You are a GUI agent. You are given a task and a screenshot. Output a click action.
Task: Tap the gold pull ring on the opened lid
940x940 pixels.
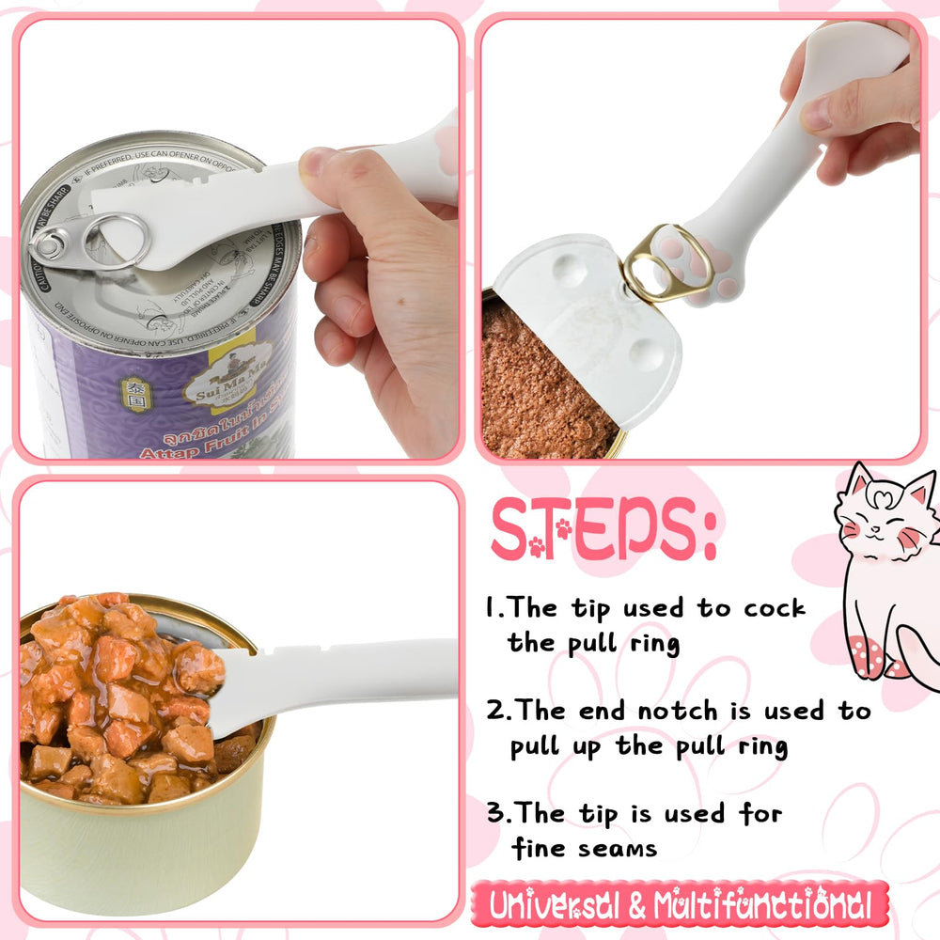pyautogui.click(x=656, y=263)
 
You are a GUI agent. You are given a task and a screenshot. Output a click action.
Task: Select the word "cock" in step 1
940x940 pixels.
pyautogui.click(x=775, y=608)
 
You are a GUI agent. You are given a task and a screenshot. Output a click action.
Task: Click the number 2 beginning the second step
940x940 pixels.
pyautogui.click(x=496, y=711)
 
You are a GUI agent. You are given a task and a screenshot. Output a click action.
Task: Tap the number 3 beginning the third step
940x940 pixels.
pyautogui.click(x=496, y=813)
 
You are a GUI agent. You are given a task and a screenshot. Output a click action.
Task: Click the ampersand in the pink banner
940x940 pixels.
pyautogui.click(x=636, y=907)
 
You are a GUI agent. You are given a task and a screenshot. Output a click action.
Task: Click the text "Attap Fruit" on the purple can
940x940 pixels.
pyautogui.click(x=188, y=453)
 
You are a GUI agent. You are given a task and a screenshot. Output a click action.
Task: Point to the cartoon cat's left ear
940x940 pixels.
pyautogui.click(x=856, y=479)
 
